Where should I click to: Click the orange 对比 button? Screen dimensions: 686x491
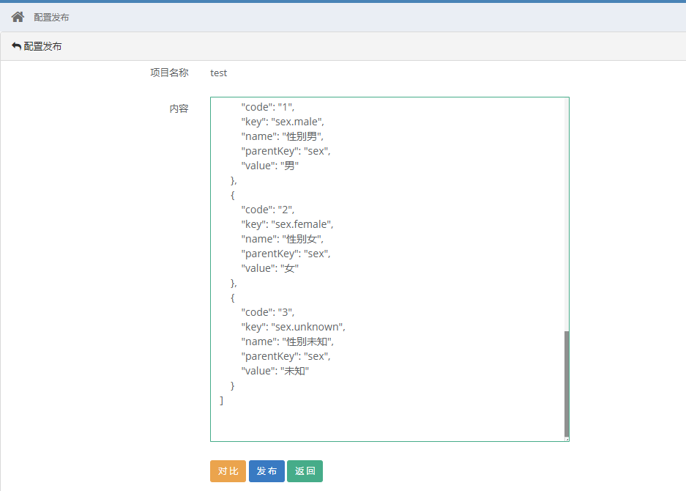coord(228,471)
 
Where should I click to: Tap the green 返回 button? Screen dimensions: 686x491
coord(305,471)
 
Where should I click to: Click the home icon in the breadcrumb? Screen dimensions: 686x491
coord(18,17)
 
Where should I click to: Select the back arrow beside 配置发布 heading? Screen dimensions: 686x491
coord(16,46)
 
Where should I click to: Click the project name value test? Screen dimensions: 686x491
coord(218,73)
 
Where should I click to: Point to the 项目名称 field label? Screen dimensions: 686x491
coord(169,73)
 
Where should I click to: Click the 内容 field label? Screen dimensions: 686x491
coord(179,108)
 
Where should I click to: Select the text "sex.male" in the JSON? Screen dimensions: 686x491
coord(297,122)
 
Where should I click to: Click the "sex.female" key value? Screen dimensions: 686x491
coord(302,224)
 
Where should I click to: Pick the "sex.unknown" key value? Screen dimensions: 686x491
coord(307,327)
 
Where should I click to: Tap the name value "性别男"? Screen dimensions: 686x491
coord(302,136)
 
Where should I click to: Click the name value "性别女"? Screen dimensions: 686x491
coord(302,239)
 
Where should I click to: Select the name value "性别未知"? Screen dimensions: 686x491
coord(307,342)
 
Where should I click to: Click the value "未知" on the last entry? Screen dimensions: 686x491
coord(295,371)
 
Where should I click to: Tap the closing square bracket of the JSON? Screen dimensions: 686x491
coord(222,400)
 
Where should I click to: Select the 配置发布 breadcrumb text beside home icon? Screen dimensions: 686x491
coord(51,17)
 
